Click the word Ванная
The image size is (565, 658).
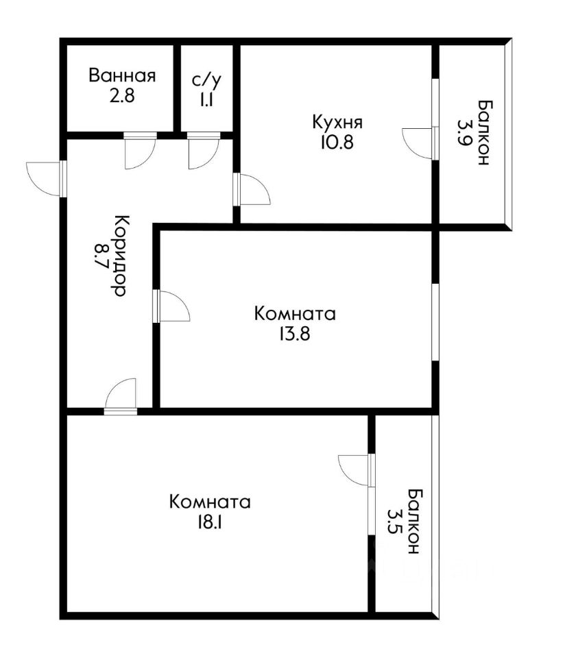(122, 76)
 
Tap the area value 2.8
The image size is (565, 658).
(122, 96)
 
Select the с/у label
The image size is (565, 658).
(206, 80)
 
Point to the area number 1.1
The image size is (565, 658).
(206, 100)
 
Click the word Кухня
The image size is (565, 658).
(337, 122)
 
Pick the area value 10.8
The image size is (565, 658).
(337, 143)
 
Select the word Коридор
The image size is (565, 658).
(121, 256)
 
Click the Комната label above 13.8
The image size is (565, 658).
(295, 314)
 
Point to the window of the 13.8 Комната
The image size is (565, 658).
(435, 322)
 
